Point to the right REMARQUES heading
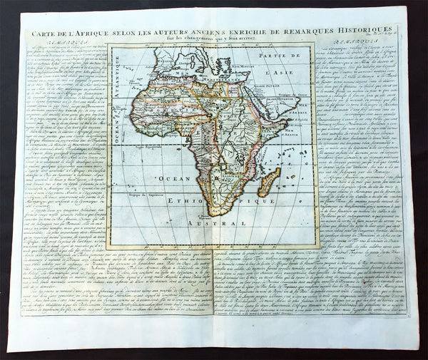pos(352,46)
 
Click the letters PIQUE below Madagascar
pos(258,202)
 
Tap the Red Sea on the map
pos(254,98)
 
